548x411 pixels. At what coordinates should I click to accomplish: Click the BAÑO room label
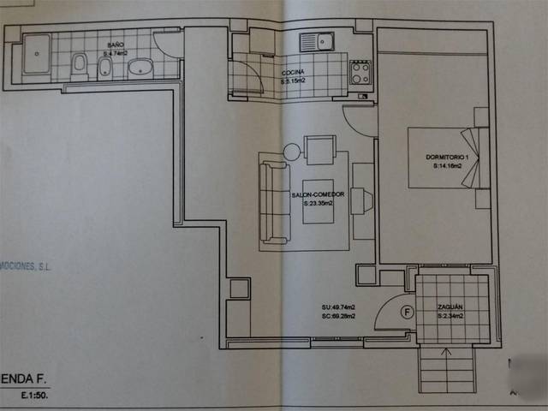[115, 44]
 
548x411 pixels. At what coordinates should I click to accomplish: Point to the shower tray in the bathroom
[36, 56]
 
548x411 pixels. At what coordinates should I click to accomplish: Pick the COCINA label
[294, 73]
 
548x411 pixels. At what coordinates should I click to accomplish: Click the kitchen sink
[317, 40]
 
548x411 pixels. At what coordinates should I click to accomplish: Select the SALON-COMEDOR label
[318, 195]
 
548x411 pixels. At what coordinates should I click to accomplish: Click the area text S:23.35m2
[318, 204]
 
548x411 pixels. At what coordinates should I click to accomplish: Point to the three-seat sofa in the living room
[273, 202]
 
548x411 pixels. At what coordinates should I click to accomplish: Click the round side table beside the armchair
[291, 152]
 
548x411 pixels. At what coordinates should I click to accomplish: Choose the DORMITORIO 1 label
[448, 158]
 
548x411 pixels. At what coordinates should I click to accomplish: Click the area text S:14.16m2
[448, 166]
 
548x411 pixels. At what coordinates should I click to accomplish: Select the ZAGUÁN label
[450, 307]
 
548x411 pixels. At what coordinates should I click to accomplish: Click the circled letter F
[407, 313]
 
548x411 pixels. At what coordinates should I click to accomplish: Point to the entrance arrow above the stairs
[444, 352]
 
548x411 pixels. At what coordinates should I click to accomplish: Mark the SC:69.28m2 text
[339, 316]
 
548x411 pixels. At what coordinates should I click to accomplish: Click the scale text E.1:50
[38, 397]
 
